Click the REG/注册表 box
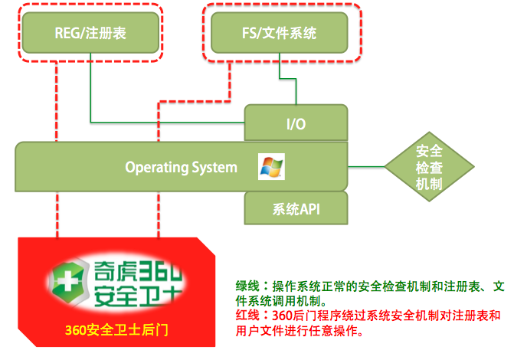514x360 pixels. click(90, 33)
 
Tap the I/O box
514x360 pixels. click(296, 124)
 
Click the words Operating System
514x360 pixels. click(181, 166)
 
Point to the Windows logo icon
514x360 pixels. click(271, 166)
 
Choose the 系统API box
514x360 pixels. click(296, 206)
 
